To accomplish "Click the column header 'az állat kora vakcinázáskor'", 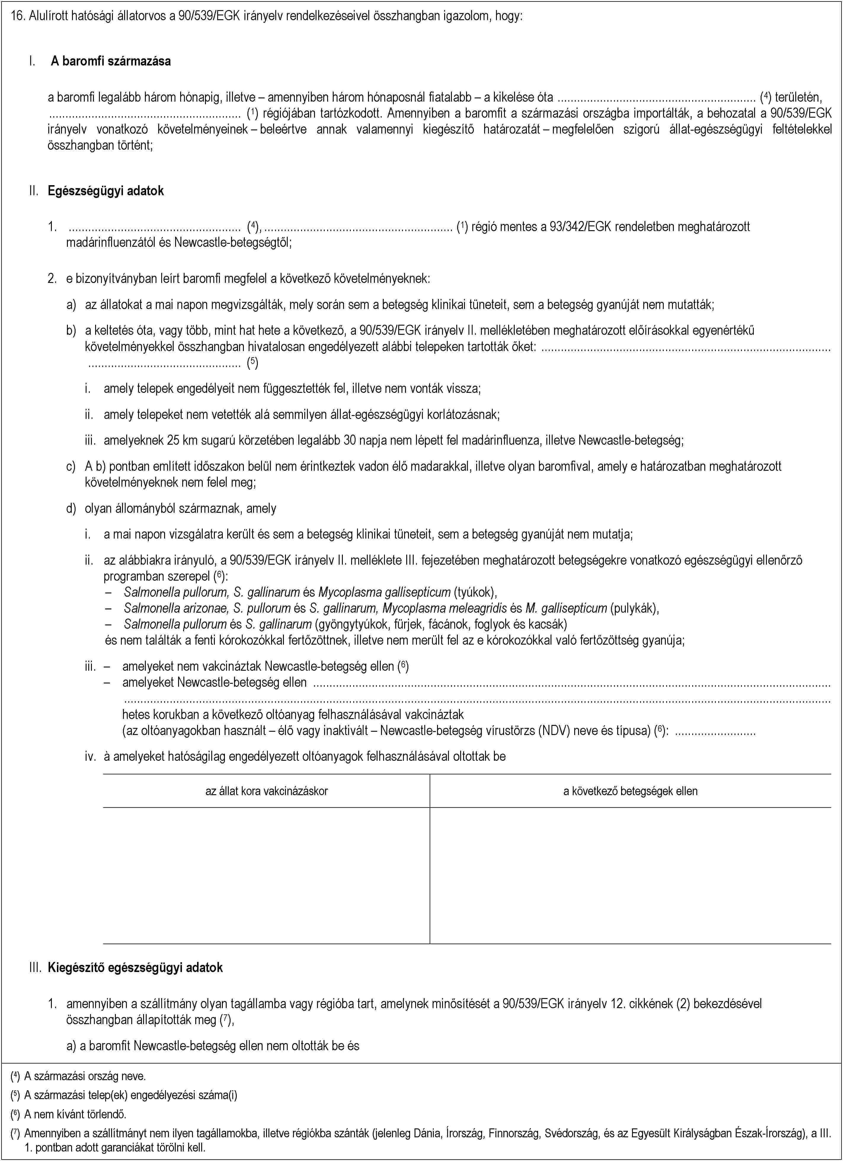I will click(x=266, y=791).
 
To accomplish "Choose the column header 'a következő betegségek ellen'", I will click(x=630, y=791).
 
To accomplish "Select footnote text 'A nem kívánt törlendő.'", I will click(x=75, y=1114).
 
